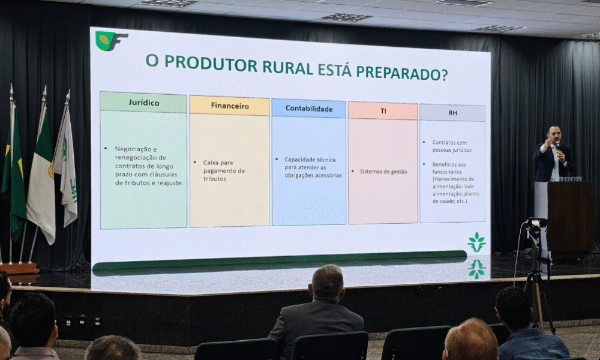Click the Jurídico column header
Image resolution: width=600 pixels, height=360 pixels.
(x=143, y=103)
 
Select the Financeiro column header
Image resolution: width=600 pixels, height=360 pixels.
(x=230, y=106)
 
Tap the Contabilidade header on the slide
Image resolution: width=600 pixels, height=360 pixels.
(x=309, y=109)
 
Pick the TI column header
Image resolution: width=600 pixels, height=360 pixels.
(x=383, y=111)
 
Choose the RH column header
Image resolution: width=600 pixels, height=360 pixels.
(x=452, y=113)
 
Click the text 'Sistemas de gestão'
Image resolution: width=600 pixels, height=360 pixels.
(x=383, y=172)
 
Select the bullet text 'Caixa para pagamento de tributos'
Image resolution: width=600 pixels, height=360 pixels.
(x=224, y=170)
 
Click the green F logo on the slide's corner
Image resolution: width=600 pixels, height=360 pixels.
(x=110, y=41)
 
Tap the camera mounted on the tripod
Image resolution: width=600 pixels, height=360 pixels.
(x=536, y=223)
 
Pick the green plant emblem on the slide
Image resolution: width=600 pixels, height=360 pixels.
(x=477, y=242)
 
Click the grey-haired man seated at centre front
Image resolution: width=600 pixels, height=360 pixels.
(x=317, y=312)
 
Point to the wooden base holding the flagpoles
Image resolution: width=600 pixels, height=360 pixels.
(x=19, y=268)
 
